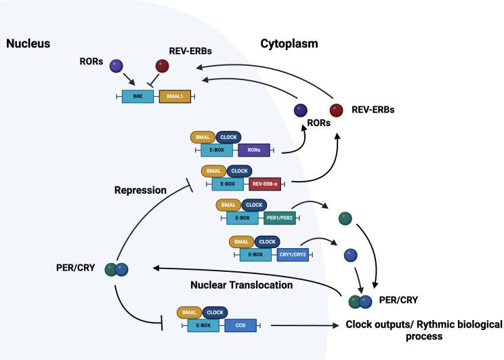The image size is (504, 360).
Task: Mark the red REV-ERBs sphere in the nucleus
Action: [163, 66]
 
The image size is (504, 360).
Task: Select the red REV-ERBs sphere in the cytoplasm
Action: [337, 110]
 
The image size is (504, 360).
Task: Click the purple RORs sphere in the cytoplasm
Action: [299, 111]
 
